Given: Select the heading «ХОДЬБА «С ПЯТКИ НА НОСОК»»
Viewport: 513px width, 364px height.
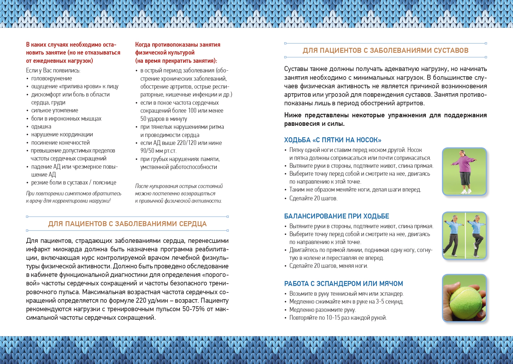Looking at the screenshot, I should pos(333,140).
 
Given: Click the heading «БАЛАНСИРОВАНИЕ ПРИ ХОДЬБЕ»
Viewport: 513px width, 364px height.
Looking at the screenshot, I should pos(336,216).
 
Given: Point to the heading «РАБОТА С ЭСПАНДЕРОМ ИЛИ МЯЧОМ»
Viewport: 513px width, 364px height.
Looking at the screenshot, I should pos(343,284).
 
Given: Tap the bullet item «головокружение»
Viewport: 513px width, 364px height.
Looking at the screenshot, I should pos(52,78).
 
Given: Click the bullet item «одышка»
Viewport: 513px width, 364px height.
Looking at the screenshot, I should pos(41,126).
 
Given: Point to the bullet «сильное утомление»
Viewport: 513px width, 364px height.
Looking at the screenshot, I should pos(55,110).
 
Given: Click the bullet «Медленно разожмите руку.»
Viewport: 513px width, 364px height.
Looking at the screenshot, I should pos(322,310).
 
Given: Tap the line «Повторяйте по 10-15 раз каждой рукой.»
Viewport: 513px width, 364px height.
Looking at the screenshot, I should pos(338,318).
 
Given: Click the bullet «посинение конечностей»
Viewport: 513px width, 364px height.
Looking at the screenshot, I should pos(60,143).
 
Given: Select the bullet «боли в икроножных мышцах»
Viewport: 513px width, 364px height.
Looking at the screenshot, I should pos(66,118).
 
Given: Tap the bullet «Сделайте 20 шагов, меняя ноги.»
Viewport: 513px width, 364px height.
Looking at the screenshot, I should pos(329,266).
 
